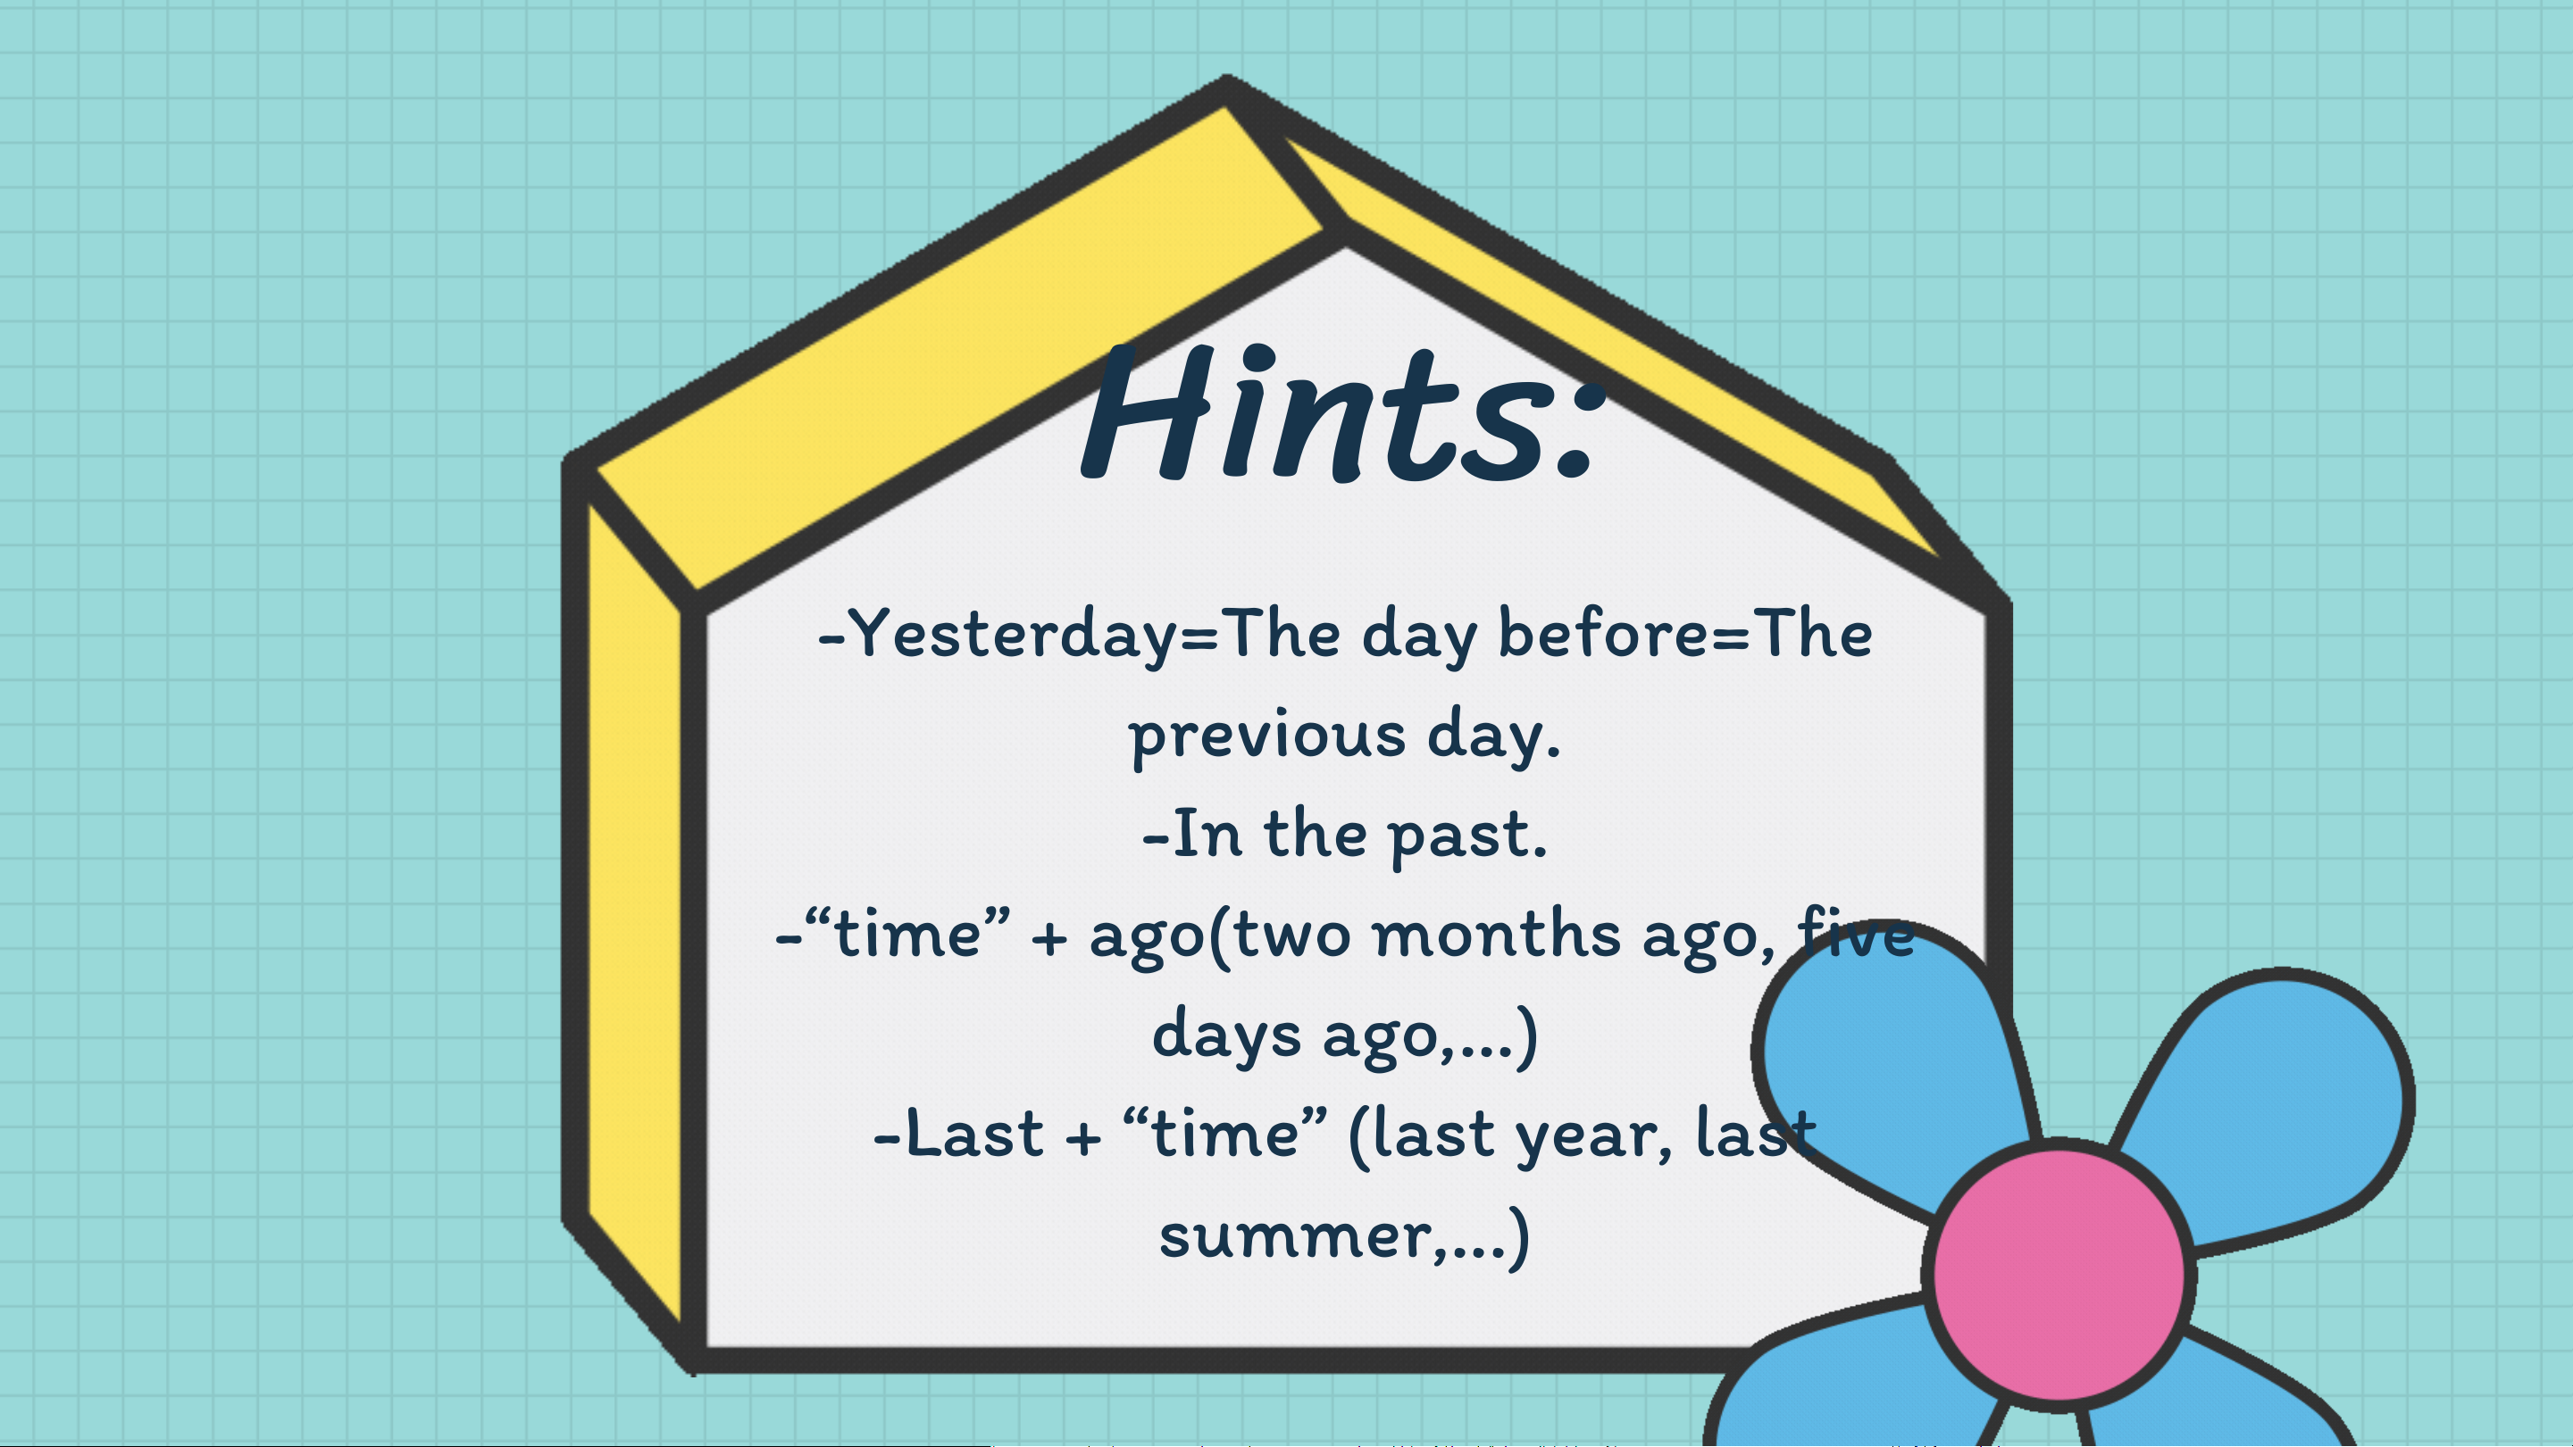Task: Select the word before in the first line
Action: (1604, 633)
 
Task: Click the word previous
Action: (1266, 736)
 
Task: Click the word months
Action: (1496, 935)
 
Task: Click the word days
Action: (1226, 1035)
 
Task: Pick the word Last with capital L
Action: (973, 1135)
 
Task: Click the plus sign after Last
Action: (1082, 1138)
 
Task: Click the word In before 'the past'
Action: (1207, 834)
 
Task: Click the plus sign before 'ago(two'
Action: (1048, 939)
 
